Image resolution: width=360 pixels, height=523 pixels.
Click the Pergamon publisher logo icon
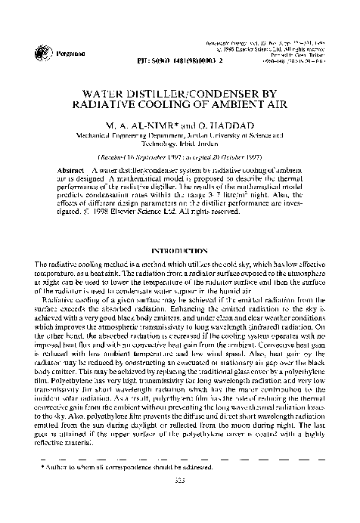click(39, 52)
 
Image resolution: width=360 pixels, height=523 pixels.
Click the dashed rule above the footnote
click(179, 480)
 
